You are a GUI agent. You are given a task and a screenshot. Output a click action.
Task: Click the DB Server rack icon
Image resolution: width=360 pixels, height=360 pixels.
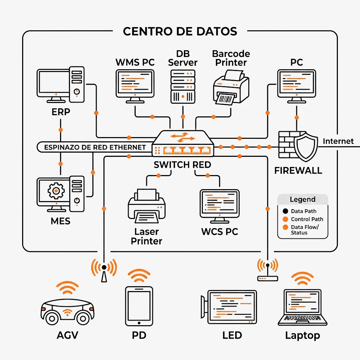click(x=183, y=87)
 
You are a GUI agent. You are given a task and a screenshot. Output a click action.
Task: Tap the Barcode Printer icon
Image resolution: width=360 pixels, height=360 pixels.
click(x=231, y=87)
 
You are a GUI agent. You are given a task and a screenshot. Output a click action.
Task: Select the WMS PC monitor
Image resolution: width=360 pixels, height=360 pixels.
click(x=135, y=86)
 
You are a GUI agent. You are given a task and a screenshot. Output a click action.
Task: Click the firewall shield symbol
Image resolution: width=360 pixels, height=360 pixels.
click(x=306, y=147)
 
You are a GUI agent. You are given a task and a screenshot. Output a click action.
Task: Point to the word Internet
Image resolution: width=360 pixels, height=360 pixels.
click(x=338, y=141)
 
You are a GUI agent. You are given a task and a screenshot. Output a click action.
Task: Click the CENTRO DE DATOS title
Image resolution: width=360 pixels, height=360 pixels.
click(x=180, y=31)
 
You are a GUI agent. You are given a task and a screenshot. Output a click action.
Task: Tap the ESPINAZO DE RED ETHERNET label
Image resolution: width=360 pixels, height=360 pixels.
click(x=95, y=147)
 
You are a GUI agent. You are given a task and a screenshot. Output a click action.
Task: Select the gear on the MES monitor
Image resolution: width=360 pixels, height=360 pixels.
click(x=56, y=191)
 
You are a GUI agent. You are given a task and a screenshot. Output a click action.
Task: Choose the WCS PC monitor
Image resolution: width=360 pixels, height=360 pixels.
click(x=220, y=206)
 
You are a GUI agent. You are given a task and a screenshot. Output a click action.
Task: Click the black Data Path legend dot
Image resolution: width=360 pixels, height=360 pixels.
click(x=285, y=211)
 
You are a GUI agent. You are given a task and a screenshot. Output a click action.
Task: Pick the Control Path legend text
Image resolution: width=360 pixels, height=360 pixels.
click(x=307, y=219)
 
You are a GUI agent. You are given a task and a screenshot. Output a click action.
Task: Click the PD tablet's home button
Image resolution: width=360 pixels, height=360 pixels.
click(x=139, y=323)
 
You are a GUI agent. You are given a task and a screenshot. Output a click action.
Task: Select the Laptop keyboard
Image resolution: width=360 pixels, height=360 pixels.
click(x=302, y=319)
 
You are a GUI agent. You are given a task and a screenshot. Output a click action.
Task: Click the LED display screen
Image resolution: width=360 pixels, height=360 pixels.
click(x=232, y=307)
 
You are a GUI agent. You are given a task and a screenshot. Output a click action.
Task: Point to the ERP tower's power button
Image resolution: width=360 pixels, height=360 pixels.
click(x=77, y=92)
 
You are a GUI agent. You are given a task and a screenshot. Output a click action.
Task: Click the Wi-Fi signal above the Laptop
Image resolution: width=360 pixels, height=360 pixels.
click(x=302, y=278)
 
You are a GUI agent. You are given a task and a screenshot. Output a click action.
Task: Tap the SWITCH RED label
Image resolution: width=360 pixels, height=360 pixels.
click(x=182, y=165)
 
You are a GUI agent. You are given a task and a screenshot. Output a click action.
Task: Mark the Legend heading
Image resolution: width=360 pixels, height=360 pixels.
click(x=303, y=199)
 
